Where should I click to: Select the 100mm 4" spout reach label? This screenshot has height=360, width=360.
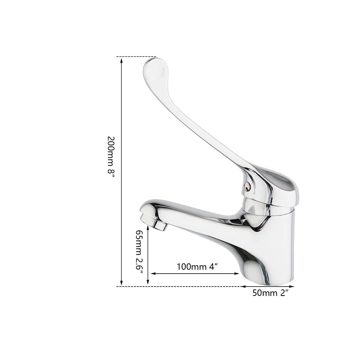coord(198,267)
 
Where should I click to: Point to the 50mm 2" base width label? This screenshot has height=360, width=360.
coord(270,293)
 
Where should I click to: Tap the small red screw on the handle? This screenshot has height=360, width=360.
coord(247,185)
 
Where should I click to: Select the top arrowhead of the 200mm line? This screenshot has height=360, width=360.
coord(122,60)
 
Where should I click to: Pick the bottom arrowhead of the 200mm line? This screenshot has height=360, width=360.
coord(122,283)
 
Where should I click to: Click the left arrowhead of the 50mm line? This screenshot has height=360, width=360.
coord(243,287)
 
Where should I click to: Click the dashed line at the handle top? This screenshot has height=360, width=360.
coord(137,57)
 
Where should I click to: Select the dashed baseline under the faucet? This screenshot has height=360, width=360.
coord(180,287)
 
